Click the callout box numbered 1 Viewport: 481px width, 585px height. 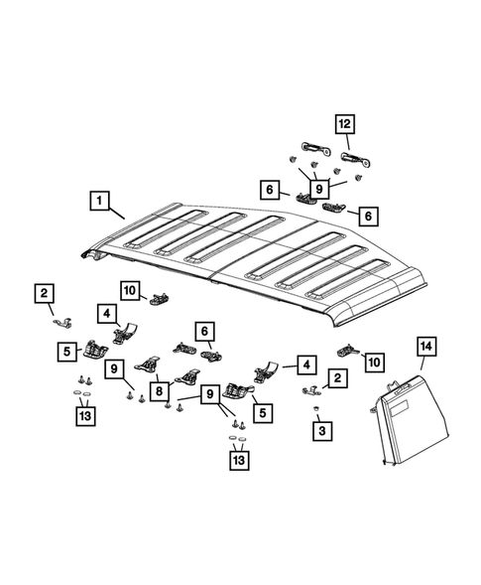click(x=99, y=201)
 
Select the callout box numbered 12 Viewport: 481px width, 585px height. click(x=345, y=124)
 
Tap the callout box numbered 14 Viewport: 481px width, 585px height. click(x=426, y=347)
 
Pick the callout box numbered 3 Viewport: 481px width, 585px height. click(x=322, y=431)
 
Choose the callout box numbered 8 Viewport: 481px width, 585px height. click(x=160, y=391)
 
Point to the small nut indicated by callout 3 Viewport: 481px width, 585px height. click(x=316, y=408)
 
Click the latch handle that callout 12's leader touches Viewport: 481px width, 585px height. click(x=356, y=159)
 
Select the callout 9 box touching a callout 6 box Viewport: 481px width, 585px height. click(x=319, y=189)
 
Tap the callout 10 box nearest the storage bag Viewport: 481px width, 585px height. click(x=375, y=362)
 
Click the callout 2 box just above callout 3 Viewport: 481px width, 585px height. click(x=337, y=378)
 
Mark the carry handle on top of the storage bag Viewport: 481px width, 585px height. click(x=396, y=386)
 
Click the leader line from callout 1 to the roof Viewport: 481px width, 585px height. click(x=117, y=214)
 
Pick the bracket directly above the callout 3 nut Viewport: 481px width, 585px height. click(x=311, y=390)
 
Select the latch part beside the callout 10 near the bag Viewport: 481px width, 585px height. click(x=348, y=350)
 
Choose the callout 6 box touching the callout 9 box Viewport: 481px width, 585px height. click(x=270, y=190)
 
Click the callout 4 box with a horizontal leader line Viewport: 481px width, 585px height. click(x=306, y=365)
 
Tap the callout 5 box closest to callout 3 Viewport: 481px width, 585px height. click(x=263, y=413)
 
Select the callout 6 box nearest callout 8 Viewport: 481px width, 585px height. click(x=204, y=332)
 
